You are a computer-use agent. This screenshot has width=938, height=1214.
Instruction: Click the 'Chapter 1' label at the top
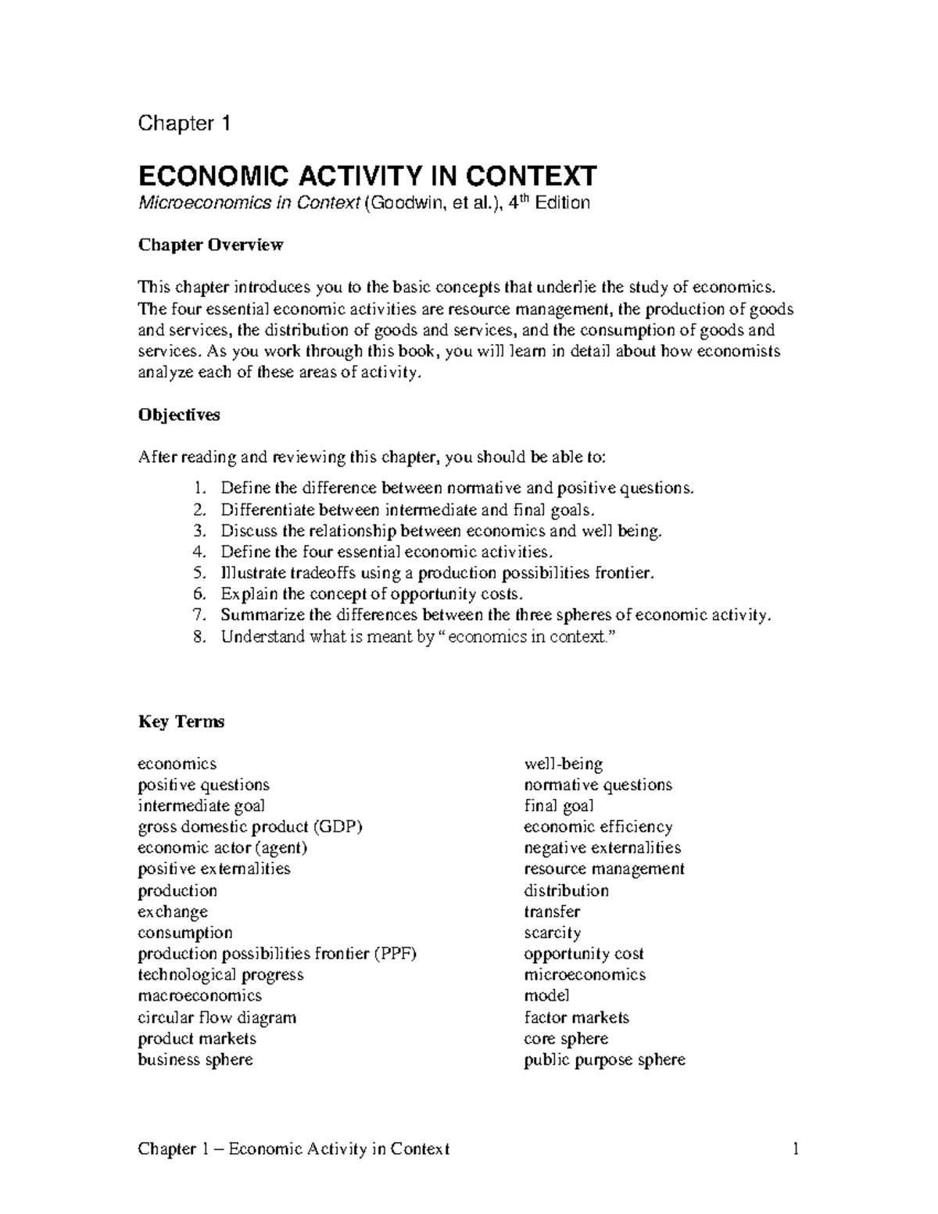click(x=184, y=124)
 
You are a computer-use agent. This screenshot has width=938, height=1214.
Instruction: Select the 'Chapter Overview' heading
click(x=210, y=245)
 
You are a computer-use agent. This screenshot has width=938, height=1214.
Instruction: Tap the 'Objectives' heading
click(x=179, y=415)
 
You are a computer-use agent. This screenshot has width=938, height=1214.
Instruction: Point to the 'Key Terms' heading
click(x=181, y=722)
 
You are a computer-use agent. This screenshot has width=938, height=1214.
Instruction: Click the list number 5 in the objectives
click(x=199, y=573)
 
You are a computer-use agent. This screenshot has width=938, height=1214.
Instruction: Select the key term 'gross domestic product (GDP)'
click(x=250, y=827)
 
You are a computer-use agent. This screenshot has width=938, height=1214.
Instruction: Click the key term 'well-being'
click(x=563, y=764)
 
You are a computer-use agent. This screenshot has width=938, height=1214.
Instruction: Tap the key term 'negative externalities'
click(x=602, y=848)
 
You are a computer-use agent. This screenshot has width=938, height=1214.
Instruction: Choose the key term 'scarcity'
click(x=552, y=933)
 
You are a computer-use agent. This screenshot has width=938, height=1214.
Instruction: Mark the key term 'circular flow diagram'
click(x=217, y=1018)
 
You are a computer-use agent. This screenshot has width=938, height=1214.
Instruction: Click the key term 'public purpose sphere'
click(x=604, y=1060)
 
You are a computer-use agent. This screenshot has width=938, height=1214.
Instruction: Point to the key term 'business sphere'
click(x=195, y=1060)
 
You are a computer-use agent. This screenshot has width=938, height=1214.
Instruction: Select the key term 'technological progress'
click(x=220, y=975)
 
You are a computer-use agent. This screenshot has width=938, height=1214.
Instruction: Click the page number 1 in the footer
click(x=796, y=1149)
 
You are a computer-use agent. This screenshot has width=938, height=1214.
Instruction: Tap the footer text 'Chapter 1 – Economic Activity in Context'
click(x=293, y=1149)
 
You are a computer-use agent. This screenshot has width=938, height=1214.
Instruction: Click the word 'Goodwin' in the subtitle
click(x=403, y=204)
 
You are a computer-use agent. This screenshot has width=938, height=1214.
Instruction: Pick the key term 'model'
click(x=546, y=996)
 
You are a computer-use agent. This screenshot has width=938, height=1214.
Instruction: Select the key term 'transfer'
click(x=552, y=911)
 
